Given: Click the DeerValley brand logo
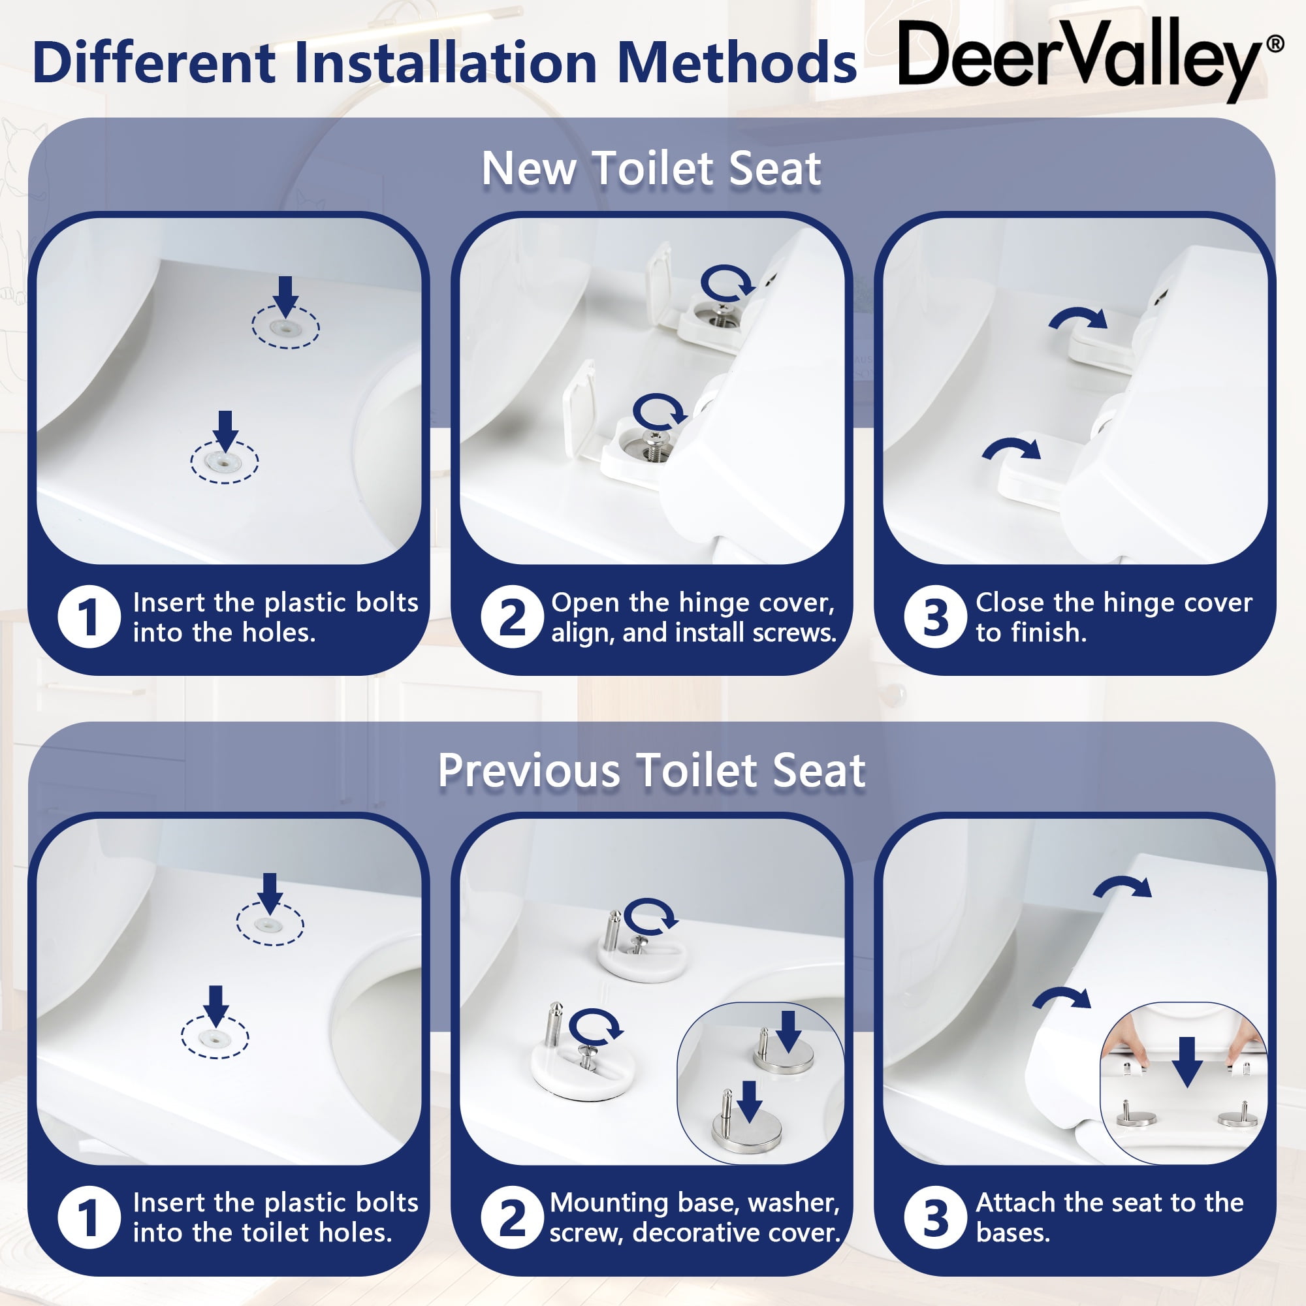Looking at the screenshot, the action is [x=1091, y=59].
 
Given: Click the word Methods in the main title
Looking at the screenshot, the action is [x=737, y=62].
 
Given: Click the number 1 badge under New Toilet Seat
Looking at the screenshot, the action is [x=89, y=616].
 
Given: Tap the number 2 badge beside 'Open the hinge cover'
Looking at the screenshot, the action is [x=513, y=616].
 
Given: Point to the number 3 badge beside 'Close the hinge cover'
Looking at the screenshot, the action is [x=936, y=616].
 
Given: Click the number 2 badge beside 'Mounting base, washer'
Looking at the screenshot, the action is [x=513, y=1218].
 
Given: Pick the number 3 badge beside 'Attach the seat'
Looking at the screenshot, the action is [x=936, y=1218].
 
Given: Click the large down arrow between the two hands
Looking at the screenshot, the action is [x=1187, y=1061].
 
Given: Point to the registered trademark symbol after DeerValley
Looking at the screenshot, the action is [x=1274, y=44].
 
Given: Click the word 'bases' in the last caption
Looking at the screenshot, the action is [x=1013, y=1233].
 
